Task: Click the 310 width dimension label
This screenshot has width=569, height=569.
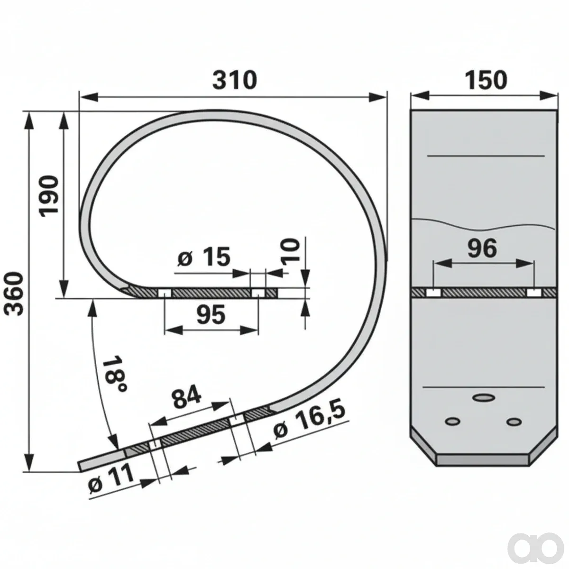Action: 235,80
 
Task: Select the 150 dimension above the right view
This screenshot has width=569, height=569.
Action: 486,80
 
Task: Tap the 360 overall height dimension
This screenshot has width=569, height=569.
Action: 15,294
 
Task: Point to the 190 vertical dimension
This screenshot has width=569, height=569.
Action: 49,196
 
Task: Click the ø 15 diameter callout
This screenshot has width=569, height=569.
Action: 204,257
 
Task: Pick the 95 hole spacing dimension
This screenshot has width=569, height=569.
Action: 211,315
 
